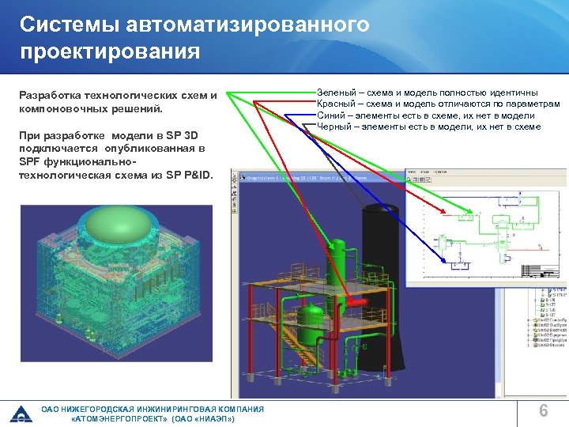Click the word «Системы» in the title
62,25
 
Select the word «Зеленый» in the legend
336,93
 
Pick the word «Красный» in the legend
337,104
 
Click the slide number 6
543,410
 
